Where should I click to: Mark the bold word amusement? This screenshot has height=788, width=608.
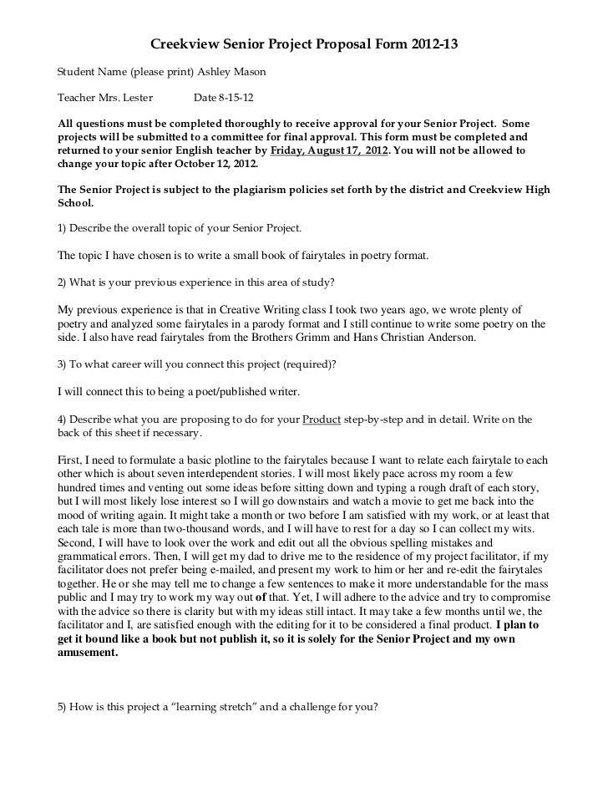[87, 653]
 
